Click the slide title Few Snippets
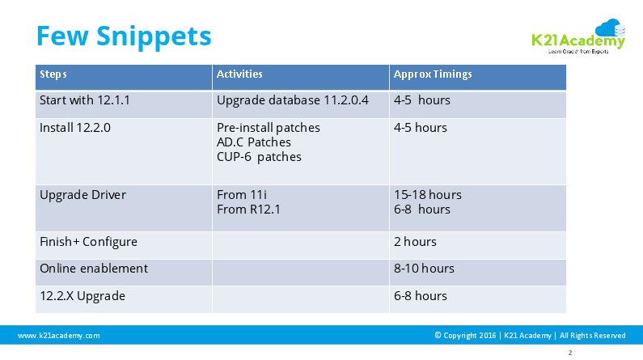tap(124, 36)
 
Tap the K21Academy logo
tap(578, 36)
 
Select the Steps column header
tap(53, 74)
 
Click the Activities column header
tap(239, 74)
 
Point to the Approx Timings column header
tap(433, 74)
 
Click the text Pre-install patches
tap(269, 128)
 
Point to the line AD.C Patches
tap(254, 142)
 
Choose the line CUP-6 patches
tap(259, 157)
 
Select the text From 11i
tap(242, 195)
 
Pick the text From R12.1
tap(248, 209)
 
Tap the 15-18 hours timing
tap(428, 195)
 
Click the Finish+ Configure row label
tap(88, 242)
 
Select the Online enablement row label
tap(94, 269)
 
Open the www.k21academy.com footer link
tap(59, 336)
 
